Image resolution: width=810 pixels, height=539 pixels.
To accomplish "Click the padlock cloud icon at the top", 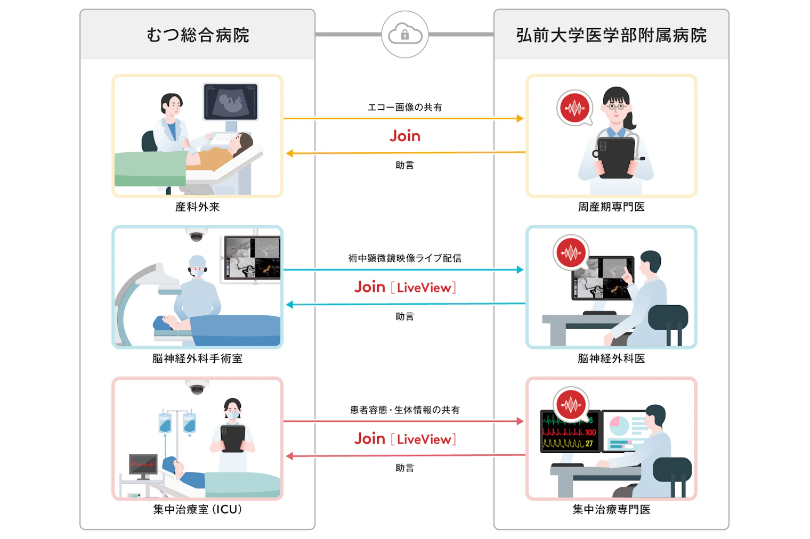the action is [x=404, y=34].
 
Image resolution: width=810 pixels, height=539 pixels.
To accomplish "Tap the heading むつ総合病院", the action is [x=198, y=36].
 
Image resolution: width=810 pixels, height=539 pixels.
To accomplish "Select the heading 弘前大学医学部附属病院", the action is [x=611, y=36].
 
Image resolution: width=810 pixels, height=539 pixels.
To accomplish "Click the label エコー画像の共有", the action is [x=404, y=108].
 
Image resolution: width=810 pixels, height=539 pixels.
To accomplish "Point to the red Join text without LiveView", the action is [x=404, y=136].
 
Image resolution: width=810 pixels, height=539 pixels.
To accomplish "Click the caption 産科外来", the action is [x=197, y=207].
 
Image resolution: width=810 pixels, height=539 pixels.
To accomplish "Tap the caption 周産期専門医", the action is [x=611, y=207].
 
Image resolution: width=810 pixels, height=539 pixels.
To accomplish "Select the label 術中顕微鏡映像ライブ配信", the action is [x=404, y=258].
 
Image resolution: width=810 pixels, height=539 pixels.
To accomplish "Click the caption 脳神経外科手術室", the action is [x=197, y=358].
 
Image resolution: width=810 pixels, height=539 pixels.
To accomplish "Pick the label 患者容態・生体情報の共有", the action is [x=404, y=410].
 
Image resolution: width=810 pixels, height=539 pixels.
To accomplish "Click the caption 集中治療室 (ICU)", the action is [x=197, y=509].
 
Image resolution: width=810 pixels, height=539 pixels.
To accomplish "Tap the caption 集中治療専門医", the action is [x=611, y=509].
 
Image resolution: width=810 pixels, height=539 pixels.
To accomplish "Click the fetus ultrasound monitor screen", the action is [x=231, y=102].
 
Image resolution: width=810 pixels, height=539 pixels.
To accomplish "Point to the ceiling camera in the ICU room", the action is [x=197, y=387].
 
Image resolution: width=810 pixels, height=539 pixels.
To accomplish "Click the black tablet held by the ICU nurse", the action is [x=233, y=438].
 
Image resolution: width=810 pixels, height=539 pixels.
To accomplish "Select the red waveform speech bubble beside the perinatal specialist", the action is [x=574, y=108].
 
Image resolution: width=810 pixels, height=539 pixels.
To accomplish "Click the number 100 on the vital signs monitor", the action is [x=590, y=432].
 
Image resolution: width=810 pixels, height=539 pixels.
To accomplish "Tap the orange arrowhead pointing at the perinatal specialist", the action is [x=520, y=118].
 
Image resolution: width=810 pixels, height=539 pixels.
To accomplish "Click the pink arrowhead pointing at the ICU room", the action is [x=290, y=456].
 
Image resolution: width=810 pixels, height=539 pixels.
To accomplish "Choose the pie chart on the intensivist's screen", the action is [x=619, y=426].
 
